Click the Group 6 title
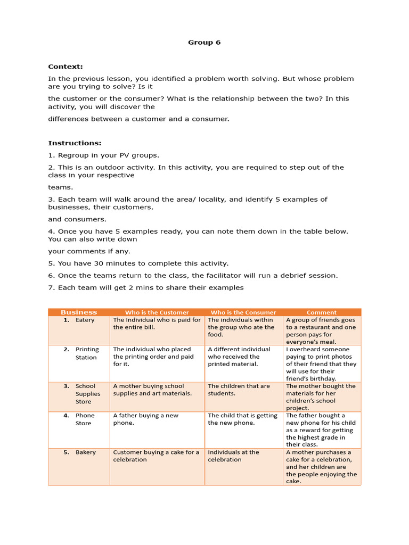coord(204,43)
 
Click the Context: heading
coord(66,67)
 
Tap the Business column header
coord(79,312)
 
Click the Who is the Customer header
coord(157,312)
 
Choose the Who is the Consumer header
coord(243,312)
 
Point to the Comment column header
coord(322,312)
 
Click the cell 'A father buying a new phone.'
coord(145,419)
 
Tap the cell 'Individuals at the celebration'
coord(233,456)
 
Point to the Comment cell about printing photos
coord(321,364)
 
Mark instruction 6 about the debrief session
coord(192,276)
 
